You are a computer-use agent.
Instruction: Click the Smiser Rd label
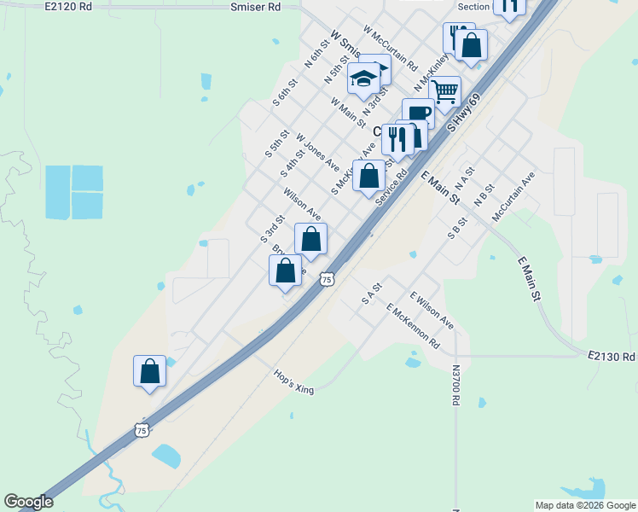(x=255, y=7)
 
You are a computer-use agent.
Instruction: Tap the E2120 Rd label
(x=68, y=7)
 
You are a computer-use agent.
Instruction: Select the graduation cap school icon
(x=364, y=79)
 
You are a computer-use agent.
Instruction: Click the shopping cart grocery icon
(x=444, y=90)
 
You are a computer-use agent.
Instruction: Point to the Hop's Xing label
(x=294, y=381)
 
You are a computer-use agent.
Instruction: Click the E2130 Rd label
(x=612, y=357)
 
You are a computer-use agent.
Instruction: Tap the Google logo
(x=28, y=502)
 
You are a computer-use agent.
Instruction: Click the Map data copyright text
(x=585, y=505)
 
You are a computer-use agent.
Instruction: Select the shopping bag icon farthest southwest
(x=150, y=371)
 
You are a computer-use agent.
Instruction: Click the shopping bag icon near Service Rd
(x=369, y=177)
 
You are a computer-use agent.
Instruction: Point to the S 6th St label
(x=284, y=93)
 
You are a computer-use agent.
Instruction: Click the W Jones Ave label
(x=317, y=151)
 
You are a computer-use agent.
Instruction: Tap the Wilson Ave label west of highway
(x=302, y=203)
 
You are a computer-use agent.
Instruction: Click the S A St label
(x=369, y=294)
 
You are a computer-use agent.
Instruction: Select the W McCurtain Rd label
(x=390, y=47)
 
